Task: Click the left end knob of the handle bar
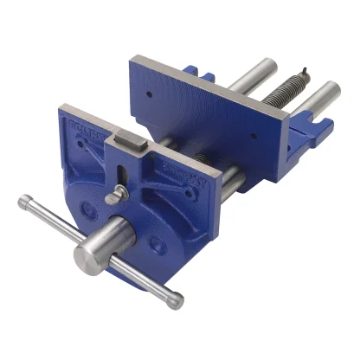pos(25,205)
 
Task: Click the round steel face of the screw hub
pos(89,258)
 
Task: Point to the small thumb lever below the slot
pos(112,198)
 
